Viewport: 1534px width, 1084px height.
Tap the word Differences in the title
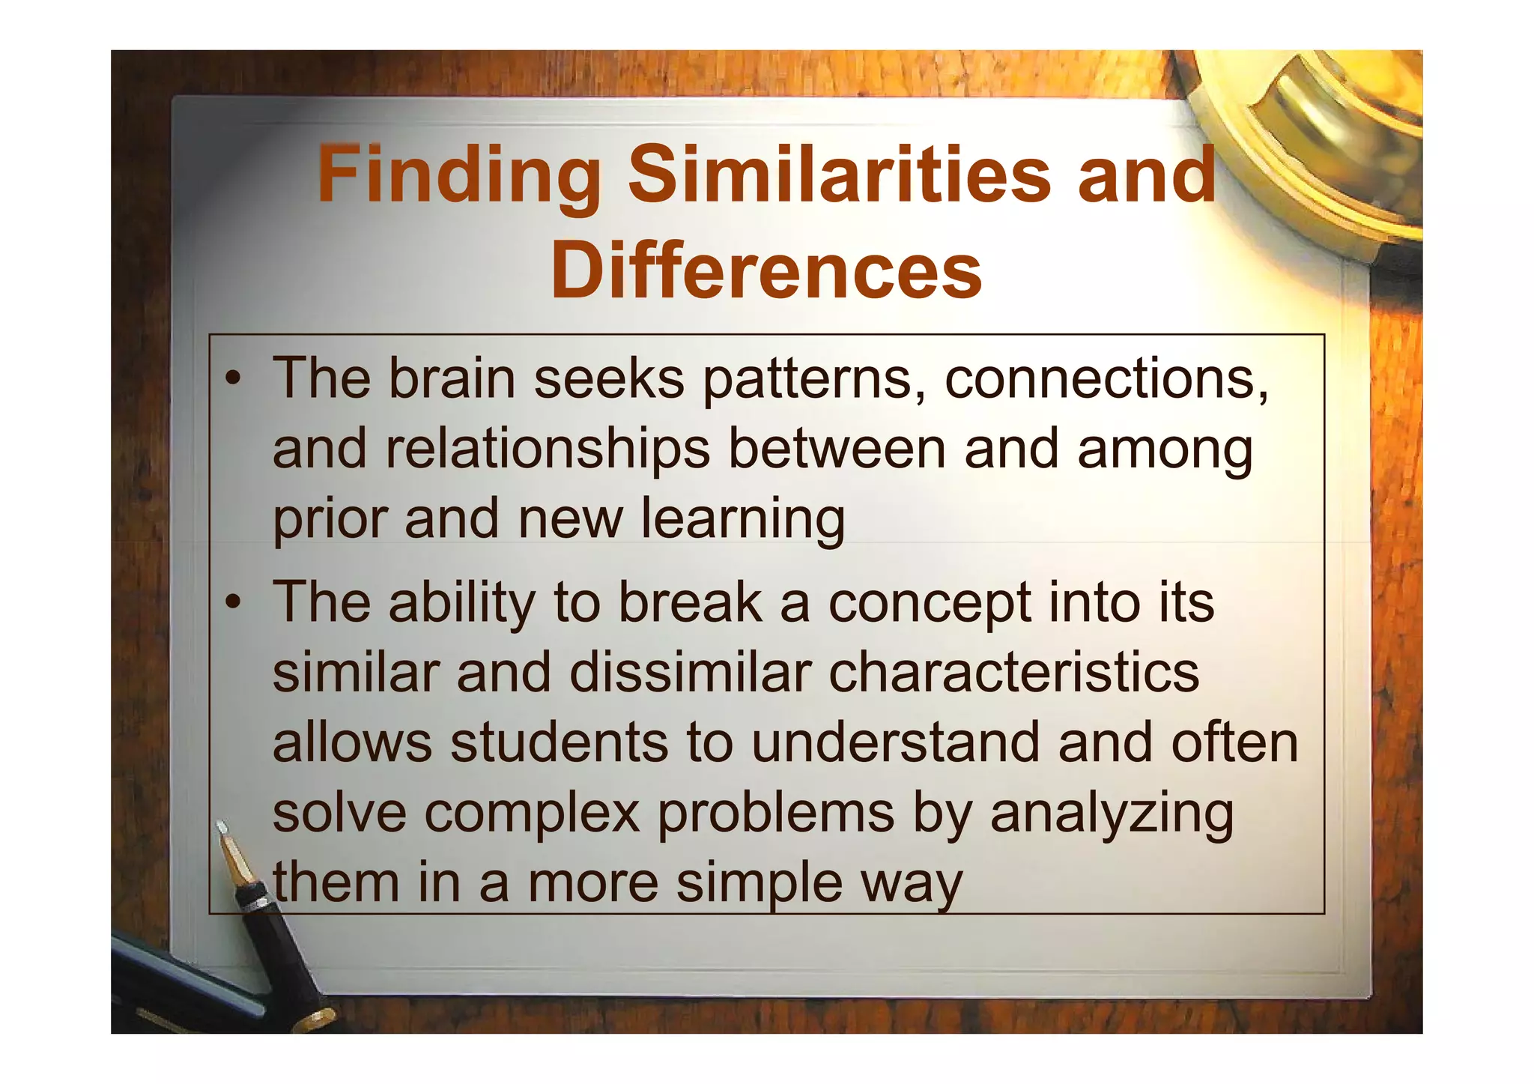[x=766, y=270]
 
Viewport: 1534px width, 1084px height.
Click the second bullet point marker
[x=234, y=602]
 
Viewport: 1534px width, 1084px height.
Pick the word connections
[x=1106, y=379]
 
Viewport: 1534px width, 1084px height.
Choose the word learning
[x=742, y=520]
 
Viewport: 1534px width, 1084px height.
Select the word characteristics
[x=1013, y=672]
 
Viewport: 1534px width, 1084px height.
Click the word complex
[x=533, y=813]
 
